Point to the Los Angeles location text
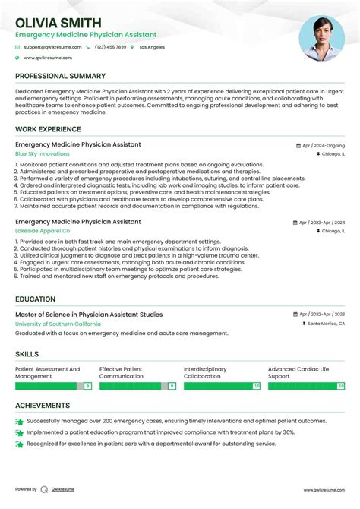[x=152, y=47]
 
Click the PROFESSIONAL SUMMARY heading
[x=60, y=76]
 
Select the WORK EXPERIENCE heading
[x=49, y=130]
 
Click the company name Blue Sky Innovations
[x=42, y=153]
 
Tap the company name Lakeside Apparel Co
[x=43, y=230]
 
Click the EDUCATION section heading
[x=35, y=299]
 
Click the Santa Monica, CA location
[x=325, y=324]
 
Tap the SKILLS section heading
[x=28, y=353]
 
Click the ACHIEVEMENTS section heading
[x=43, y=406]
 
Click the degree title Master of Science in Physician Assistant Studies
[x=89, y=315]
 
